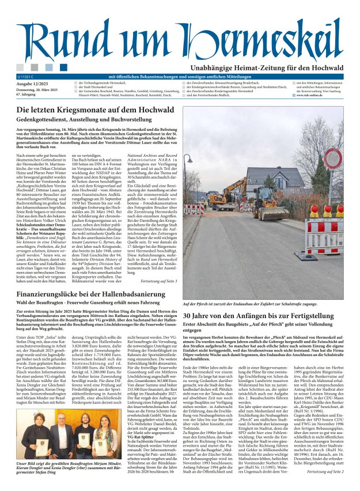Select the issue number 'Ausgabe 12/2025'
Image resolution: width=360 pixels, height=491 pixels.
pos(33,84)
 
